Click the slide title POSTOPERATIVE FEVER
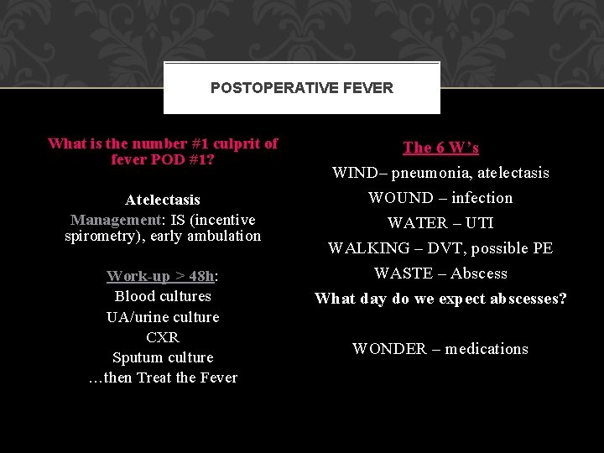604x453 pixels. point(302,88)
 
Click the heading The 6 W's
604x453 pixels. point(440,148)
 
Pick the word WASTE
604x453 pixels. point(405,273)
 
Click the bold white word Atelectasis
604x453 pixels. point(163,200)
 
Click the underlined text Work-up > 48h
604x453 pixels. point(160,276)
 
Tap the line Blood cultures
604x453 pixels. point(163,296)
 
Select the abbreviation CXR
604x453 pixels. point(163,337)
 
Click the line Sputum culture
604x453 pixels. point(163,357)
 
